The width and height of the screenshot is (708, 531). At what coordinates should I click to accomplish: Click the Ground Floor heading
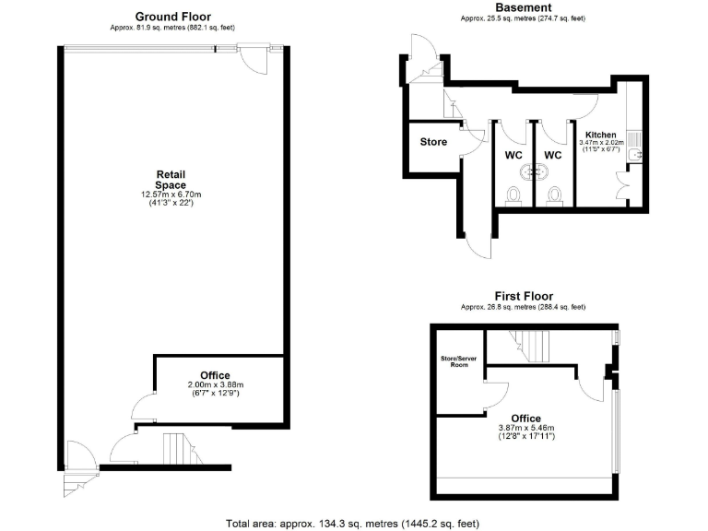172,17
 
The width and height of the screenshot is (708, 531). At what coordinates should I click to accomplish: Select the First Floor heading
523,295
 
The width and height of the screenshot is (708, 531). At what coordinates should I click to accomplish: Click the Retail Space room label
171,180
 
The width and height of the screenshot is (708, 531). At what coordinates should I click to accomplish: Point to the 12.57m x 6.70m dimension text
171,195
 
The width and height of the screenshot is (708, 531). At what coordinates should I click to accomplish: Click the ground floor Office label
215,375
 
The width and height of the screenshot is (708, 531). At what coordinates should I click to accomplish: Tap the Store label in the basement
433,143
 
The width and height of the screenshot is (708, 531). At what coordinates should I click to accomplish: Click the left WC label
513,155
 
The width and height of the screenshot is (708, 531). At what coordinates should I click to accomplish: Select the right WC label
552,155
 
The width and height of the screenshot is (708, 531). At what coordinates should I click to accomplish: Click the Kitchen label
601,135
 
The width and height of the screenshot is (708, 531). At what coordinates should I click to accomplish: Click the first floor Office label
525,419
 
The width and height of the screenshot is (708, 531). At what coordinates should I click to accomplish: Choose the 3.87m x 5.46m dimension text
525,429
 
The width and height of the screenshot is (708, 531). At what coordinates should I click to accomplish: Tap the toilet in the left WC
514,195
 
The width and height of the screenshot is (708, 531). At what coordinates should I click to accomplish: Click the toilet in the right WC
553,195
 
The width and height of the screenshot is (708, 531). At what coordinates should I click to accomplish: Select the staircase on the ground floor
177,450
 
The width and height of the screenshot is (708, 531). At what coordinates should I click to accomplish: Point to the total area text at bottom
353,524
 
